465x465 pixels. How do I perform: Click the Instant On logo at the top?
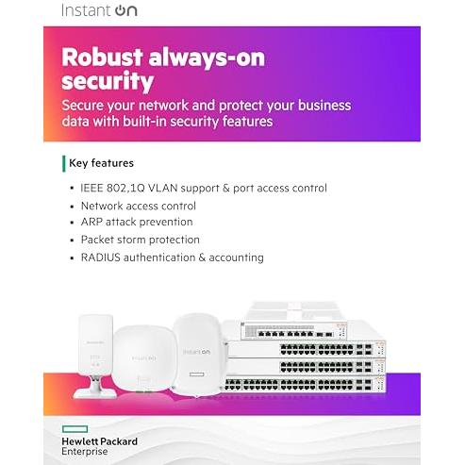(x=99, y=10)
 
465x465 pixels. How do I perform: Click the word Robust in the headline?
(x=103, y=58)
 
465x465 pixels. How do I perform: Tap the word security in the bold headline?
(x=108, y=82)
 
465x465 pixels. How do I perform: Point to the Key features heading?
(x=101, y=163)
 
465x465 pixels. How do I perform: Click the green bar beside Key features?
(x=64, y=163)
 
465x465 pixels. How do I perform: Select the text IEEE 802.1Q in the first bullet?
(x=112, y=188)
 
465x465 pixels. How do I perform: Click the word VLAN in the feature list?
(x=163, y=188)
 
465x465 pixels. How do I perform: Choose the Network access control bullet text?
(x=139, y=206)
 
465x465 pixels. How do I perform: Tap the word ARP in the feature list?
(x=91, y=222)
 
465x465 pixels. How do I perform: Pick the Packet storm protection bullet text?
(x=141, y=240)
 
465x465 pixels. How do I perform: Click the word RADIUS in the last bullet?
(x=101, y=257)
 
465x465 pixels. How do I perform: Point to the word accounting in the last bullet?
(x=237, y=257)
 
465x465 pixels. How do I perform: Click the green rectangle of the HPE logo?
(x=75, y=429)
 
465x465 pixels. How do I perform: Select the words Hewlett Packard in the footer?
(x=100, y=441)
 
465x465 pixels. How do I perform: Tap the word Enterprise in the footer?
(x=85, y=452)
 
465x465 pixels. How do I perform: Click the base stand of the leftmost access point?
(x=94, y=388)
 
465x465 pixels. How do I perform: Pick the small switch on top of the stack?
(x=293, y=331)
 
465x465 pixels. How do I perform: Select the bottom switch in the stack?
(x=305, y=384)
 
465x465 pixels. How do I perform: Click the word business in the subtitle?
(x=324, y=106)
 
